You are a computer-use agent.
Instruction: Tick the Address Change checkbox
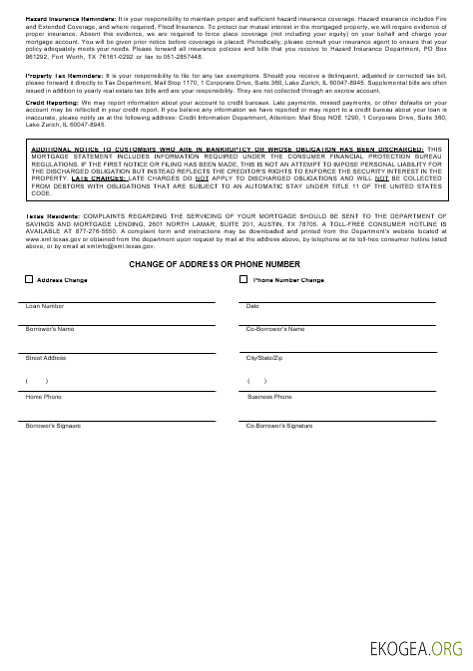[x=29, y=281]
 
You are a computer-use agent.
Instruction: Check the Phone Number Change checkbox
[x=243, y=281]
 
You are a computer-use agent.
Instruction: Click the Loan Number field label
[x=45, y=306]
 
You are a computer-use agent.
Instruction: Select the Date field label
[x=252, y=306]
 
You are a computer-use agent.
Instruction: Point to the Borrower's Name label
[x=50, y=328]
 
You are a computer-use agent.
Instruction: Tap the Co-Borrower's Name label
[x=275, y=328]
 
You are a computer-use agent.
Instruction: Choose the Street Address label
[x=46, y=357]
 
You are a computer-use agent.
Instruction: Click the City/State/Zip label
[x=265, y=357]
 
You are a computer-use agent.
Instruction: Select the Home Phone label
[x=43, y=397]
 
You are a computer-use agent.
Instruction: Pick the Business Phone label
[x=269, y=397]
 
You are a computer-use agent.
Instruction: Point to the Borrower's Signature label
[x=53, y=426]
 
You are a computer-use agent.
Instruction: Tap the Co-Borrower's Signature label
[x=279, y=426]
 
